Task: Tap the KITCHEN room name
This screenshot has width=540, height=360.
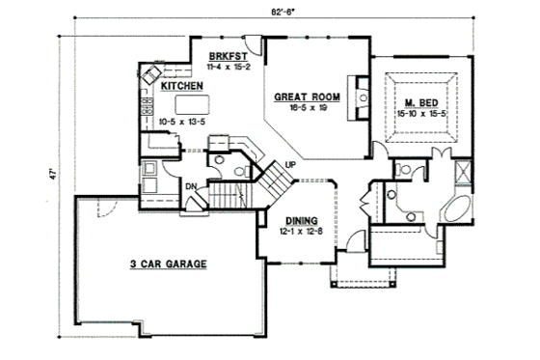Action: coord(181,86)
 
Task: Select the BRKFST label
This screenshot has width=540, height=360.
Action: coord(225,57)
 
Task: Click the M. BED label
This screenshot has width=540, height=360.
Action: coord(422,102)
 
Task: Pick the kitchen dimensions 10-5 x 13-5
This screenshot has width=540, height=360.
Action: coord(181,124)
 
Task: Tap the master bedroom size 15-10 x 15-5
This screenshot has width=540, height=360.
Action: coord(422,114)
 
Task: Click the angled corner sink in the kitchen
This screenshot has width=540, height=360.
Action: coord(152,74)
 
